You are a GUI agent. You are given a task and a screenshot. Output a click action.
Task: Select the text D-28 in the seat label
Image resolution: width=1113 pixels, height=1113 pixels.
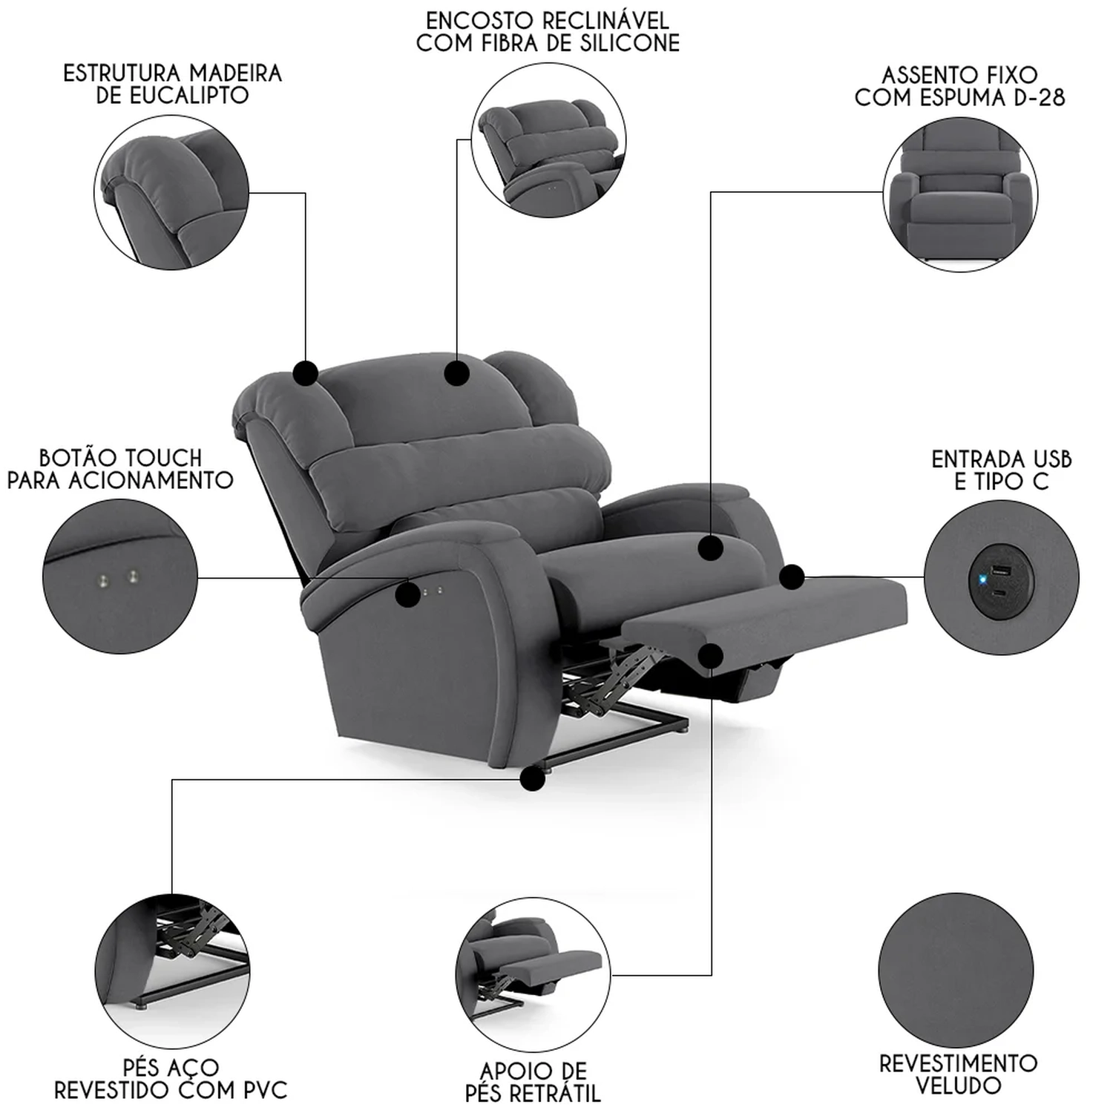[1038, 98]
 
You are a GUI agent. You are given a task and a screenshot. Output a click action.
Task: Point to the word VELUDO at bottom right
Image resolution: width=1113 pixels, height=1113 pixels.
[958, 1086]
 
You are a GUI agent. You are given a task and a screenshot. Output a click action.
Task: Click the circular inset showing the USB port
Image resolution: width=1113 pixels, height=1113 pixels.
[1002, 577]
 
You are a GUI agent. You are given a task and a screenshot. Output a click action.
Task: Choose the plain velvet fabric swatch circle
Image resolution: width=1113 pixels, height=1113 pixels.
[956, 971]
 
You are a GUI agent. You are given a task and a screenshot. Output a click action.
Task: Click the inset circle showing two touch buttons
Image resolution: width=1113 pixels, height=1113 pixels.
[120, 577]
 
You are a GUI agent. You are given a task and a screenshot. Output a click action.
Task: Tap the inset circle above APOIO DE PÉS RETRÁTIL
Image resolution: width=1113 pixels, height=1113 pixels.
[533, 975]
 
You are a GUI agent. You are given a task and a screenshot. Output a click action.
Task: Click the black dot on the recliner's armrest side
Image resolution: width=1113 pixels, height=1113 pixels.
[407, 594]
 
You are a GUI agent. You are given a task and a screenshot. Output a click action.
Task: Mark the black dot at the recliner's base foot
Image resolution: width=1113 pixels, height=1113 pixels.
[533, 778]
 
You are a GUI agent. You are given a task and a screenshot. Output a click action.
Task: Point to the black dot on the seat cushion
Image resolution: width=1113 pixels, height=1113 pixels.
[711, 548]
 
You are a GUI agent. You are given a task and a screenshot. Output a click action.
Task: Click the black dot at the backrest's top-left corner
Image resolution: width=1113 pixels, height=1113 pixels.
[306, 372]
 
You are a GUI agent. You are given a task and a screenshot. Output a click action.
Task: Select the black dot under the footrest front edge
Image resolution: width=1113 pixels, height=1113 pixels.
[711, 655]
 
